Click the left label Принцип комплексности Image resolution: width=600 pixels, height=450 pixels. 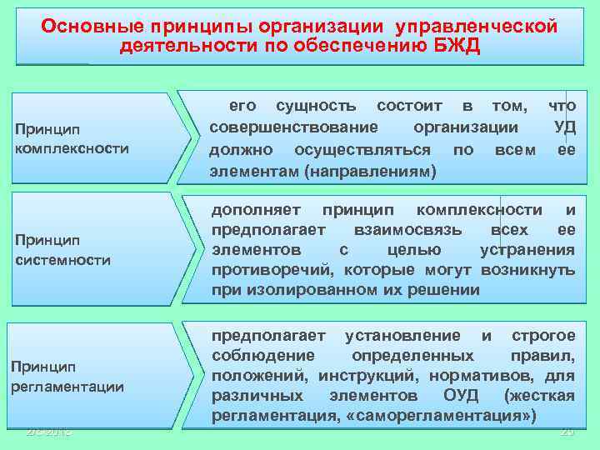(72, 139)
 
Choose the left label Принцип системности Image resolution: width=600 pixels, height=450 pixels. (62, 250)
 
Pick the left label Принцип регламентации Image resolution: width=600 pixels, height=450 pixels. (68, 376)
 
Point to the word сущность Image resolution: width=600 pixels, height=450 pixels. (316, 106)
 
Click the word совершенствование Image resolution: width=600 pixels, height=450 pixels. (293, 127)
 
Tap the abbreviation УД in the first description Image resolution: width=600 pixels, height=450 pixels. (564, 127)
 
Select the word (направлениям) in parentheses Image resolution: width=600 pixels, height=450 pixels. (370, 172)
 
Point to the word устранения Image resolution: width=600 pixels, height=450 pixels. (527, 250)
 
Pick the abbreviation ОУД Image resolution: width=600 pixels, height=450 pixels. (457, 395)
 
